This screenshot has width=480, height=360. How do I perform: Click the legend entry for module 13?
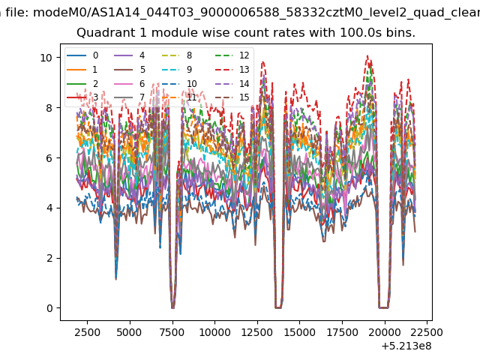coord(232,70)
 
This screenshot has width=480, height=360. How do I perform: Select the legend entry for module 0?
coord(82,55)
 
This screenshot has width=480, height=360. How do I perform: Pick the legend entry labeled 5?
coord(130,70)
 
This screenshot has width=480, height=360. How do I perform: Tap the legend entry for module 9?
coord(177,70)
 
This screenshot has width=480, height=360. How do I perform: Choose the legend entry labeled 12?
coord(232,55)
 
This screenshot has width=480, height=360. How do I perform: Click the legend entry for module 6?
coord(129,83)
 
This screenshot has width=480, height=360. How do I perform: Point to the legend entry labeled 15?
coord(232,97)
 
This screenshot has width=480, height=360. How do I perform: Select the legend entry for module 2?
coord(82,83)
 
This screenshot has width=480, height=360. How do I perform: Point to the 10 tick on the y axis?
coord(46,58)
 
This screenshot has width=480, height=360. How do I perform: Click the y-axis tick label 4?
coord(49,208)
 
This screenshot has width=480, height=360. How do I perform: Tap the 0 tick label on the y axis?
coord(49,308)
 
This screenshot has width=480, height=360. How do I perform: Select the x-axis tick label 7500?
coord(172,332)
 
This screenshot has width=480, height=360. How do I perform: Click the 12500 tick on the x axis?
coord(256,332)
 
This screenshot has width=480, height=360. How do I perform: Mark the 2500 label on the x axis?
coord(87,332)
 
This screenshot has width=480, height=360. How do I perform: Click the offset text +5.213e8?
coord(406,346)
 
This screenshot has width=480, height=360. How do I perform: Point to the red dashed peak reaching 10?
coord(367,56)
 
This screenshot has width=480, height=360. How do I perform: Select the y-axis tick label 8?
coord(49,108)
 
